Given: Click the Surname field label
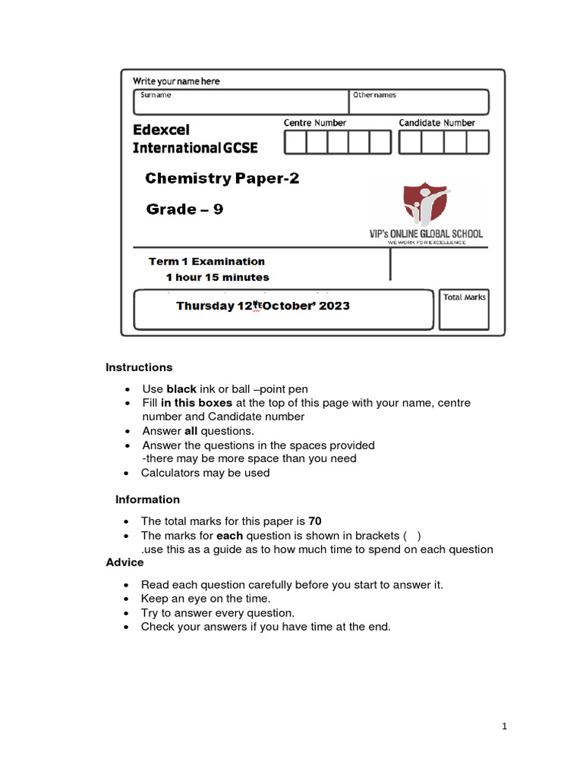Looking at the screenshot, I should point(156,95).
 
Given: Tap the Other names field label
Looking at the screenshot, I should point(373,95).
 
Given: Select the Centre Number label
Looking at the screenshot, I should point(315,123).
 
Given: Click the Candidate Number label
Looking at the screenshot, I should point(437,123).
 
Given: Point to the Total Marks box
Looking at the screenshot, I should point(465,310).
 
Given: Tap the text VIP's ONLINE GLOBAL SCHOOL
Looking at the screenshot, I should point(426,234).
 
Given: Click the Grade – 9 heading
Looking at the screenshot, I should point(184,209).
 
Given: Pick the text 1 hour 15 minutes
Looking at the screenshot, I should point(217,277).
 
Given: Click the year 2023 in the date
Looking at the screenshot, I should point(334,307).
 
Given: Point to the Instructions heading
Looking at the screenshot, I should point(139,367).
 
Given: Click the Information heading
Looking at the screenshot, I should point(147,499).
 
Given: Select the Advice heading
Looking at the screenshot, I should point(124,562).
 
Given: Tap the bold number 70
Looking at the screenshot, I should point(315,521).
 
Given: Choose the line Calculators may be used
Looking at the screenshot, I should point(205,473).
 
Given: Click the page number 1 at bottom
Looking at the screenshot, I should point(504,726).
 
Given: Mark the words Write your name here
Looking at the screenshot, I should point(176,81).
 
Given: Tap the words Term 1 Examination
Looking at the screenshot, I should point(206,262).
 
